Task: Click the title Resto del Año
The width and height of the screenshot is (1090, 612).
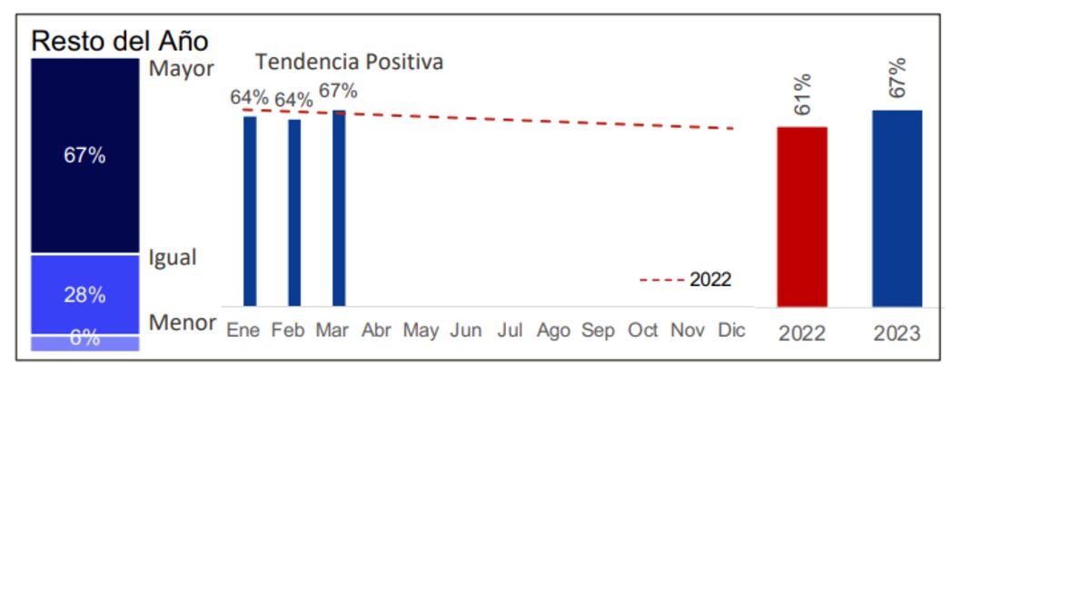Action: pyautogui.click(x=120, y=41)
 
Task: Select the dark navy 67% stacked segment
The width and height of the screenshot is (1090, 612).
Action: pyautogui.click(x=84, y=155)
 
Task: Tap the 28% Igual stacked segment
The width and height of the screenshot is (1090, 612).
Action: pyautogui.click(x=84, y=294)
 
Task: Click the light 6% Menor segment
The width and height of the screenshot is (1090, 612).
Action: pyautogui.click(x=84, y=342)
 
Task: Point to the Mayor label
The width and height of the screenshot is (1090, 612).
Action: pyautogui.click(x=181, y=69)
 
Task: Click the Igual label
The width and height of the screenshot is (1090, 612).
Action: pyautogui.click(x=173, y=258)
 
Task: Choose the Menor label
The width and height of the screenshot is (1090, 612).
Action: pyautogui.click(x=182, y=322)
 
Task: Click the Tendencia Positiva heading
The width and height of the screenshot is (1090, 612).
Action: pyautogui.click(x=349, y=63)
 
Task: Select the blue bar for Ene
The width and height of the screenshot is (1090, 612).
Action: pyautogui.click(x=250, y=211)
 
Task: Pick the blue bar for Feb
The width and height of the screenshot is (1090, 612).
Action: pyautogui.click(x=294, y=212)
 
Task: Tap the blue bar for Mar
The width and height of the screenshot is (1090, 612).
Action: pyautogui.click(x=339, y=208)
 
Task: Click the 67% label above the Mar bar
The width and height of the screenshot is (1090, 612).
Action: pyautogui.click(x=338, y=92)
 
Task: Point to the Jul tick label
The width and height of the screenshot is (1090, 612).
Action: pyautogui.click(x=510, y=331)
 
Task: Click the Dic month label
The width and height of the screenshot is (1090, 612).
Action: pyautogui.click(x=731, y=331)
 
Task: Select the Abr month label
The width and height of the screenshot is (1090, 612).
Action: pyautogui.click(x=376, y=331)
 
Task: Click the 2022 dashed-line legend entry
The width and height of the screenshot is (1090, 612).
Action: pyautogui.click(x=687, y=280)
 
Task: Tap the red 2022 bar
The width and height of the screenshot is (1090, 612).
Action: pyautogui.click(x=802, y=216)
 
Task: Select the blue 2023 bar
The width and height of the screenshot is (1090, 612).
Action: pyautogui.click(x=897, y=208)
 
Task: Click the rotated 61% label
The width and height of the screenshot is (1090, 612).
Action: pyautogui.click(x=802, y=94)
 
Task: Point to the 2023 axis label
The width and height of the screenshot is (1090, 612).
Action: pyautogui.click(x=897, y=333)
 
